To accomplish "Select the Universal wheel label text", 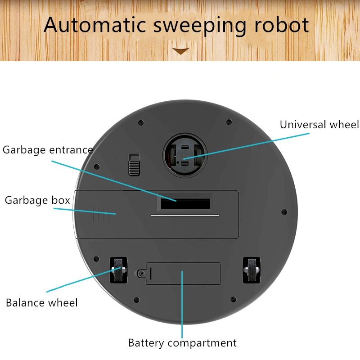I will (319, 125).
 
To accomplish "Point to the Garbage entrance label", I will (48, 150).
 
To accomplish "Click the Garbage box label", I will (37, 200).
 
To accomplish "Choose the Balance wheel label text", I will (41, 302).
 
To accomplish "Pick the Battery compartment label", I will (182, 343).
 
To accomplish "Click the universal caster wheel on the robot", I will (185, 155).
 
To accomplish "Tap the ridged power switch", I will (134, 165).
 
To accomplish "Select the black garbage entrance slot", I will (185, 204).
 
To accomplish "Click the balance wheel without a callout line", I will (251, 270).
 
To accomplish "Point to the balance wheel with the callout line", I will (118, 270).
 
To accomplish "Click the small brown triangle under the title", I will (181, 51).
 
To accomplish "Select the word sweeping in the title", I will (200, 25).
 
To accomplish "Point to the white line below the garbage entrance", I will (185, 216).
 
